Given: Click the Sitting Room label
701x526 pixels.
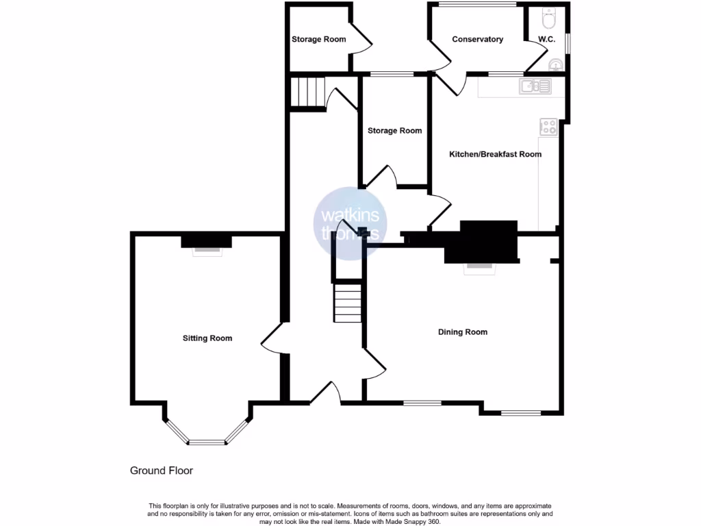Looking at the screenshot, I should point(207,338).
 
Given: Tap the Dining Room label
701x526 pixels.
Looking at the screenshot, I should point(463,332).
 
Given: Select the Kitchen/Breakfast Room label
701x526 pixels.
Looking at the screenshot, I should point(495,154).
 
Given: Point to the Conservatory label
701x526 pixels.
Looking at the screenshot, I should point(477,39).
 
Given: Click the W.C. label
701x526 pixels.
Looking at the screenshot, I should point(546,39).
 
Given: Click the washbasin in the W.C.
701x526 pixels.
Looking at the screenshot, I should point(556,65).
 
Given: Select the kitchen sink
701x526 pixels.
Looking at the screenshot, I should point(535,86).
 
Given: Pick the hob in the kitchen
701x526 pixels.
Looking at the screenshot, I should point(549,127).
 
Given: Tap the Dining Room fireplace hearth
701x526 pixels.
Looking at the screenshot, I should point(479,268).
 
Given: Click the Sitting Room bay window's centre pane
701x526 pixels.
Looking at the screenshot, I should point(207,442).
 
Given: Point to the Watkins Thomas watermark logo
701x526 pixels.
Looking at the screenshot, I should point(350,223).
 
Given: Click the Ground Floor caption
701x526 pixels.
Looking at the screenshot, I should point(162,471).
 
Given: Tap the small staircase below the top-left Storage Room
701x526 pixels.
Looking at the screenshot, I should point(306,92).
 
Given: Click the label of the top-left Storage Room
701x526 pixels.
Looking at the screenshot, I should point(318,39).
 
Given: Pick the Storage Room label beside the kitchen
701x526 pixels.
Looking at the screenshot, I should point(394,130).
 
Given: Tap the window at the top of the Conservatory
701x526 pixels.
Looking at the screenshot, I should point(477,5).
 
